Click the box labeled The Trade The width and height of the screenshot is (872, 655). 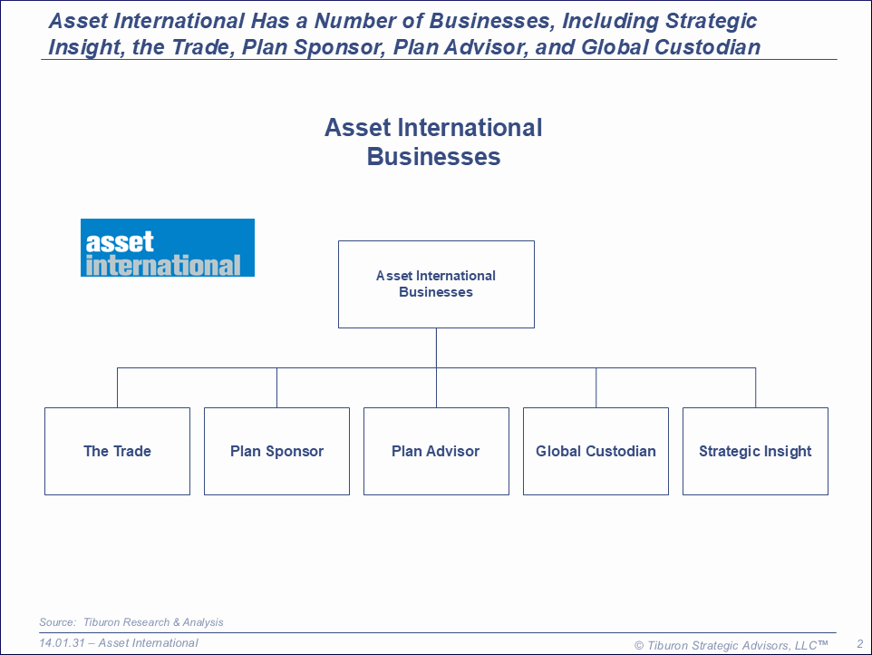click(117, 451)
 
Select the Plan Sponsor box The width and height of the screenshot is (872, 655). click(277, 451)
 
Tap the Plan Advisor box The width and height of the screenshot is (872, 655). click(437, 451)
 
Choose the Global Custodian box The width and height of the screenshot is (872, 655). click(596, 451)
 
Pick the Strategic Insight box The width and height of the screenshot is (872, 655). click(755, 451)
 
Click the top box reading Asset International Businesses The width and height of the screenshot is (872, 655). click(437, 284)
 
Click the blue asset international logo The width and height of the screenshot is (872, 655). click(168, 248)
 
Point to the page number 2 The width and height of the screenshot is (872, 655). click(860, 644)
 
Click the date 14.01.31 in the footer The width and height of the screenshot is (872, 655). click(62, 643)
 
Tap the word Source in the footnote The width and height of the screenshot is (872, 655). click(57, 622)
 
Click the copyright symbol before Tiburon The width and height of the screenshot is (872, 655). click(639, 646)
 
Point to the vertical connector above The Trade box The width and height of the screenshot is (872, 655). click(117, 387)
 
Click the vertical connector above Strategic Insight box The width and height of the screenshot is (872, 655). click(755, 387)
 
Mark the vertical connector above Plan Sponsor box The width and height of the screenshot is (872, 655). click(277, 387)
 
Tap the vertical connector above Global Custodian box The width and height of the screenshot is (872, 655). click(596, 387)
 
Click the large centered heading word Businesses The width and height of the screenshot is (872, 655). click(434, 156)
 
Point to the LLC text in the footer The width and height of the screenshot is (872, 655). click(806, 646)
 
